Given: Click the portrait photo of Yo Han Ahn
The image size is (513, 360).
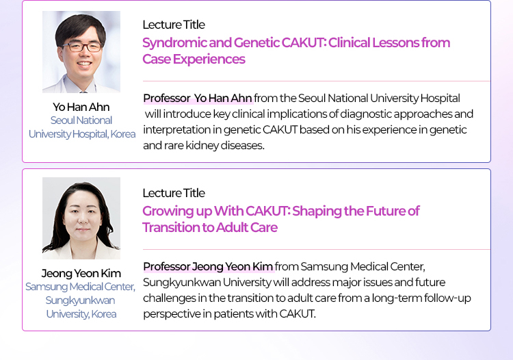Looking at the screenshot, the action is pos(81,52).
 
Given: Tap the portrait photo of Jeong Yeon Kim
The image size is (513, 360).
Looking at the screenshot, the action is pos(81,218).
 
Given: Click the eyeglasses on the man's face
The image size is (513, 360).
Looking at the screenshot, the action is pos(81,47).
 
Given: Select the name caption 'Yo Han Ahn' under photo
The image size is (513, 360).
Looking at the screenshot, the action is pos(81,107).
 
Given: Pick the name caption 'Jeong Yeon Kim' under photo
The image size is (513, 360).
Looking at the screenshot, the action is pos(81,273).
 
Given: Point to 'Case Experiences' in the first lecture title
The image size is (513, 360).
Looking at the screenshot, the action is pos(194,60).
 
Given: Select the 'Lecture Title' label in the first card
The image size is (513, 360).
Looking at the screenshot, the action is pos(174,25).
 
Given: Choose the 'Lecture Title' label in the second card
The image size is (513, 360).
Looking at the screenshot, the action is pos(174,193).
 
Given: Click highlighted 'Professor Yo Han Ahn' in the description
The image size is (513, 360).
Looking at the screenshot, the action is pos(198,98).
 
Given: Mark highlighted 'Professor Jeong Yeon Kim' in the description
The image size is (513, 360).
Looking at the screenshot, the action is pos(208,266).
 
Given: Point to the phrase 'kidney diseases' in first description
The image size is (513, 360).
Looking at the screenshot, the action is pos(225,145).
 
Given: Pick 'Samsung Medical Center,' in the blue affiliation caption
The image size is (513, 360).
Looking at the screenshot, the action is pos(81,287).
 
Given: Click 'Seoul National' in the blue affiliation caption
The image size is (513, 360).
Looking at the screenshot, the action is pos(81,120).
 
